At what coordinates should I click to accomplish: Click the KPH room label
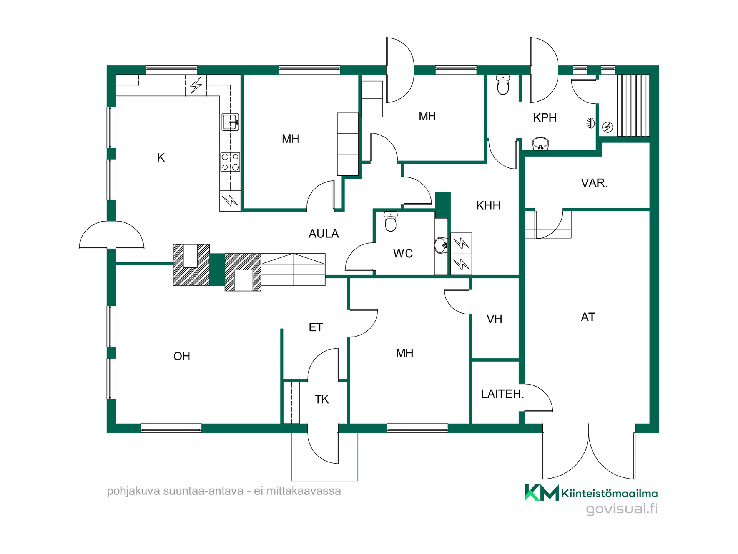tap(545, 118)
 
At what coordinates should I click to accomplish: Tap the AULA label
tap(324, 234)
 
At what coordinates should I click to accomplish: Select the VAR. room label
tap(594, 183)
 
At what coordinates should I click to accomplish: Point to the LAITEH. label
tap(502, 394)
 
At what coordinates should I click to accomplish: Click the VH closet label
tap(494, 319)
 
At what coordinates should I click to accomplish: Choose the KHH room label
tap(488, 205)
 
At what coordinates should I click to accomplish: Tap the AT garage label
tap(588, 317)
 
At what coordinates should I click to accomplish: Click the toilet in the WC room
tap(391, 222)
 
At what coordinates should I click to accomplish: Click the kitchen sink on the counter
tap(230, 122)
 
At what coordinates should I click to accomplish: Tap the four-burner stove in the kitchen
tap(230, 162)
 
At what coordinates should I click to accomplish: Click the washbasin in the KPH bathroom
tap(540, 144)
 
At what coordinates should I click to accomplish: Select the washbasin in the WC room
tap(441, 245)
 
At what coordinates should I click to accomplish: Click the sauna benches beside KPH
tap(633, 105)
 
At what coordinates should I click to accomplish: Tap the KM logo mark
tap(542, 492)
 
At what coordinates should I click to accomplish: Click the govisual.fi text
tap(622, 509)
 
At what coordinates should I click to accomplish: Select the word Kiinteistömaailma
tap(610, 493)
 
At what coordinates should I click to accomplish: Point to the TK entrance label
tap(322, 399)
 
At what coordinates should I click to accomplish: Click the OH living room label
tap(182, 356)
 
